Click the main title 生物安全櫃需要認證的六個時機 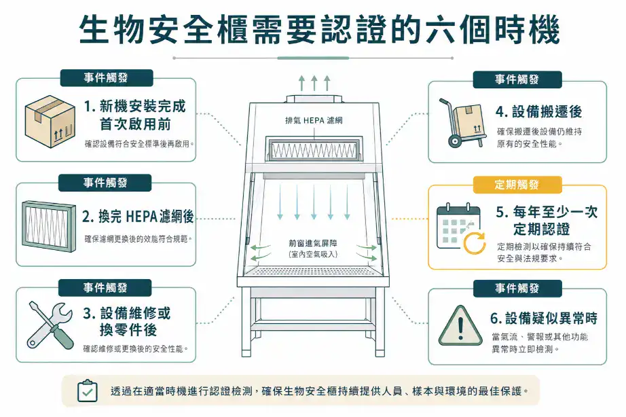point(313,31)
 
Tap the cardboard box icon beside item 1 point(48,120)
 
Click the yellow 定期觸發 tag point(517,185)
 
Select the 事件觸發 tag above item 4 point(517,79)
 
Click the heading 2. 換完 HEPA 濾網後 point(138,217)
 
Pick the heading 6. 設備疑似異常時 point(543,318)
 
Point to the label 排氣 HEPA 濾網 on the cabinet point(314,121)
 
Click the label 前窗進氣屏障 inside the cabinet point(313,242)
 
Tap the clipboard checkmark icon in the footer point(87,391)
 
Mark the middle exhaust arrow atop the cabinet point(314,84)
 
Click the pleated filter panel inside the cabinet point(313,147)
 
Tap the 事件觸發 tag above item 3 point(105,288)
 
